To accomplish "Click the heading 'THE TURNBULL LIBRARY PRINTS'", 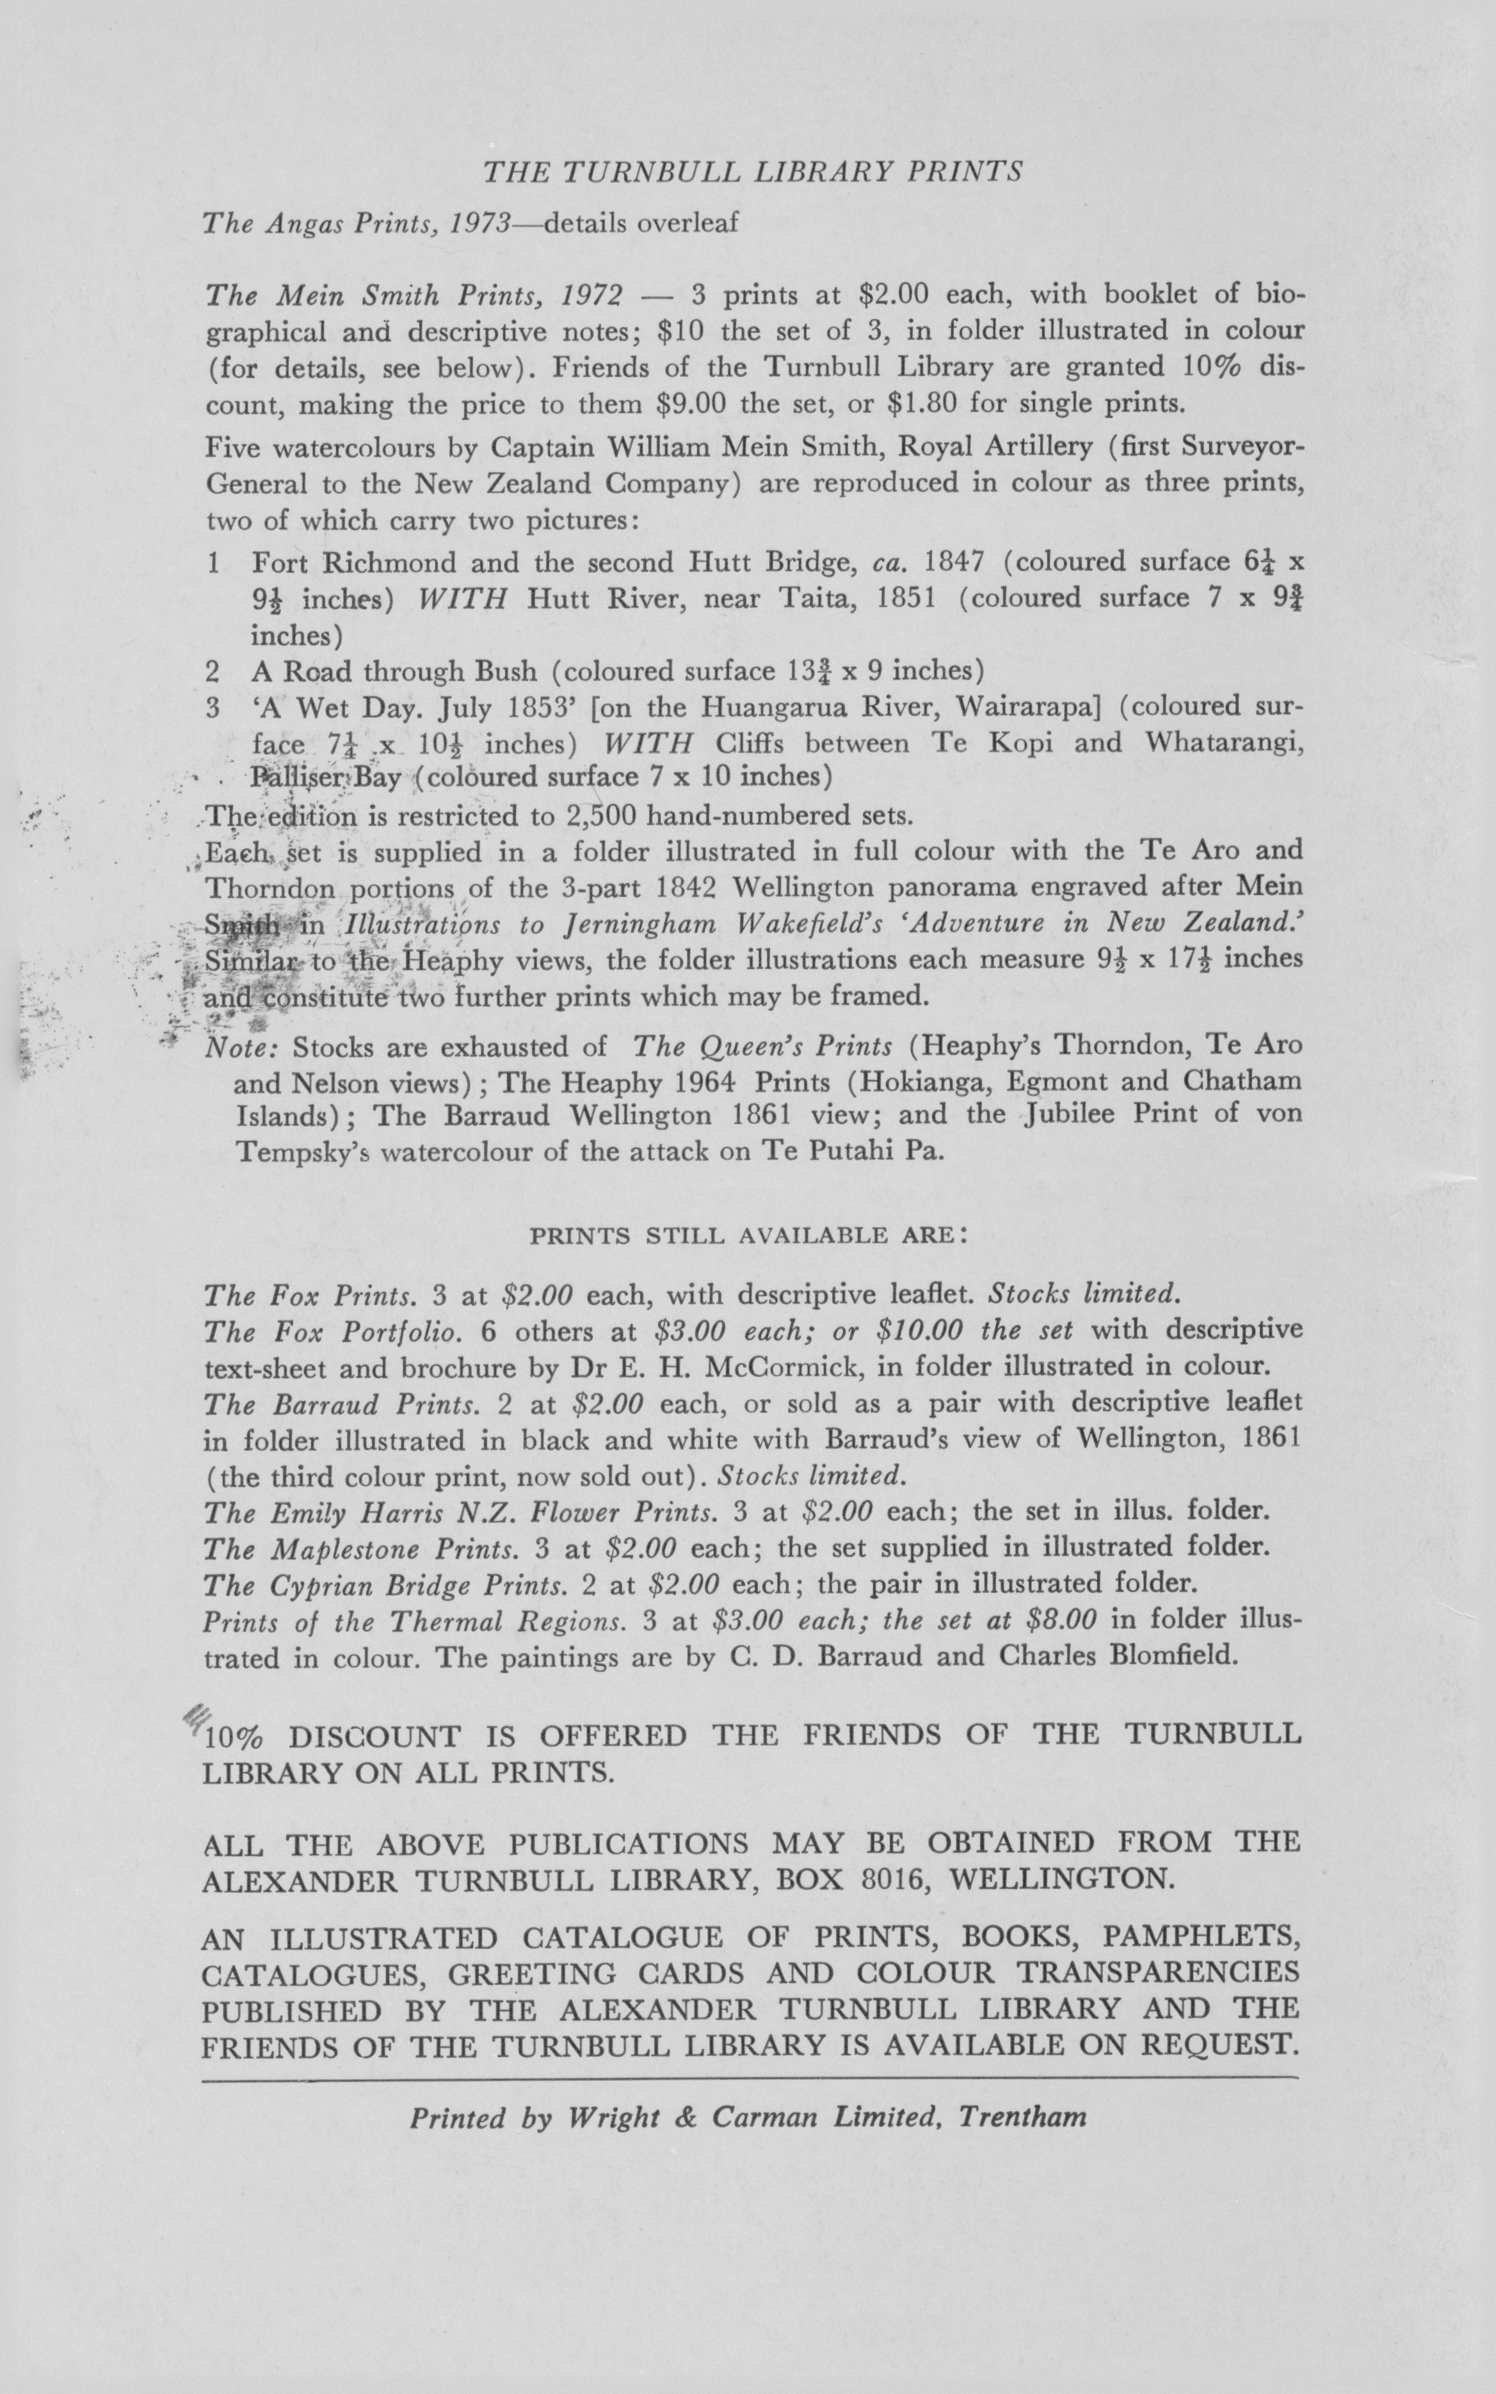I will [752, 173].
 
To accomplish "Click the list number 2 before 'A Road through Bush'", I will [212, 671].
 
